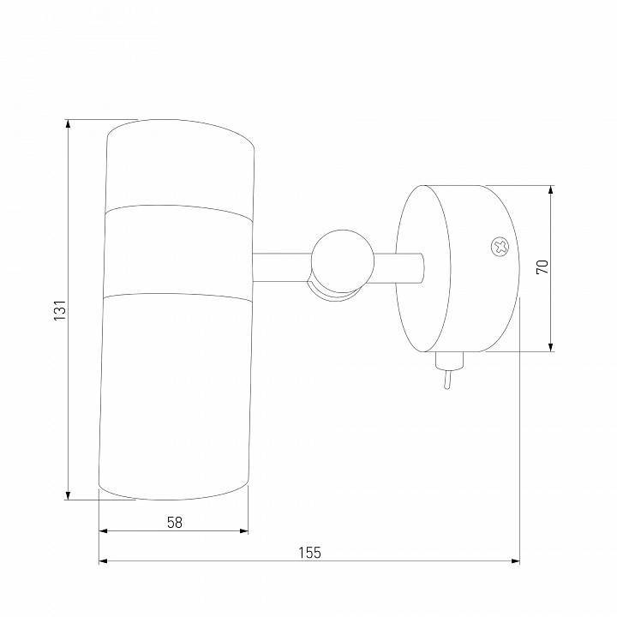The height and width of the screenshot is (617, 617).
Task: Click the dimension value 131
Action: pos(60,310)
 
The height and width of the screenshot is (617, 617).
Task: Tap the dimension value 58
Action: pos(175,523)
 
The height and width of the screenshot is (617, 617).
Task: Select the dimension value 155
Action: pos(309,553)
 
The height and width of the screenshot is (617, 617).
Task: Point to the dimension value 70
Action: pos(542,267)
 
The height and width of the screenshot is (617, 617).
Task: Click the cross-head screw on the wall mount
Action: pos(500,248)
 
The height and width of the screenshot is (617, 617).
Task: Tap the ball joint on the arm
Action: pos(342,261)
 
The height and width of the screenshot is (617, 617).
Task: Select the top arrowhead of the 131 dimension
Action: pos(68,123)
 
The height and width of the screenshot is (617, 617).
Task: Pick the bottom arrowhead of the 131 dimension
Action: pos(68,495)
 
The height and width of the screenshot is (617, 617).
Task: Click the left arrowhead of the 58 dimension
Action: pos(103,531)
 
